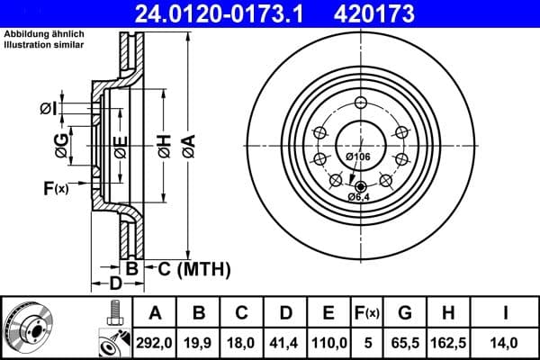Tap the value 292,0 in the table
point(155,341)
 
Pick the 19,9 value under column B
point(200,341)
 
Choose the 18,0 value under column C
point(242,341)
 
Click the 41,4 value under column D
point(286,341)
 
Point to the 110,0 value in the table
point(329,341)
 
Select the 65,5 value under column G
point(406,341)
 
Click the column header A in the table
point(155,313)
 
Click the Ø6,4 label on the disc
point(358,196)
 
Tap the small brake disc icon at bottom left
point(31,328)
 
